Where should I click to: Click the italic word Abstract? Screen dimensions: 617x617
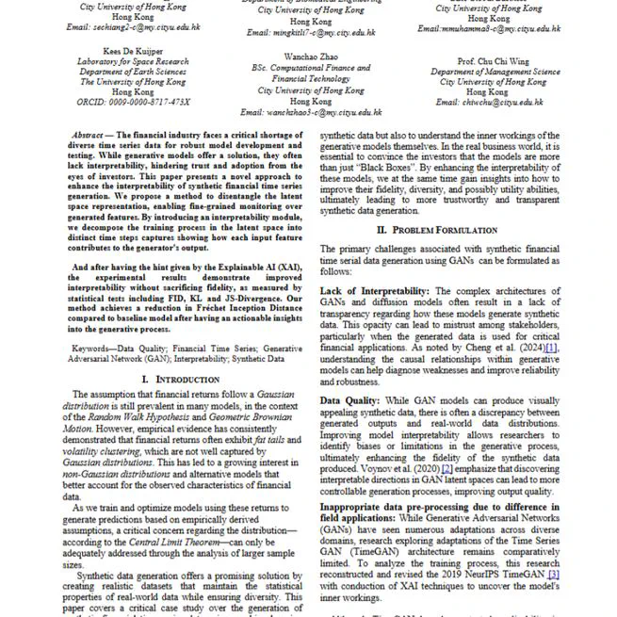pos(87,136)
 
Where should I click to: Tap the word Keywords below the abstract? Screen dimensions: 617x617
pos(98,348)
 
